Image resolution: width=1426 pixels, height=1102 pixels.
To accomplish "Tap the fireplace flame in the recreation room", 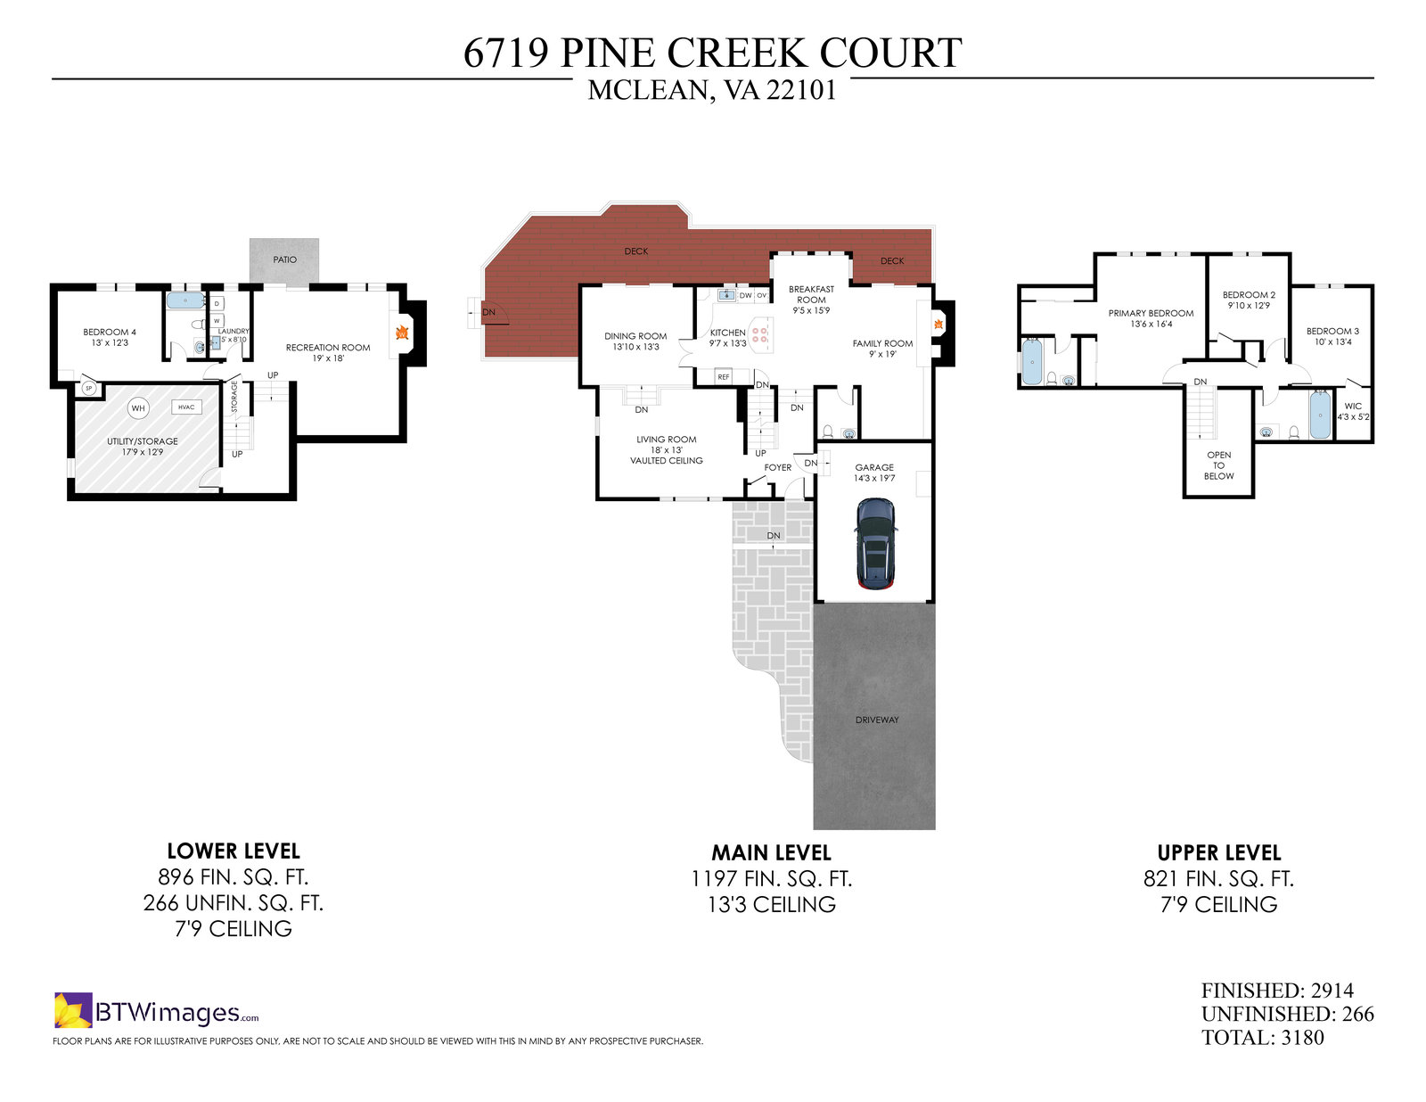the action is [x=402, y=333].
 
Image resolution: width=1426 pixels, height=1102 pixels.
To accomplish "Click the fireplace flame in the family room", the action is [x=938, y=325].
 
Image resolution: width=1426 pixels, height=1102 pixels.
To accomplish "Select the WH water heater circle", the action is [x=138, y=408].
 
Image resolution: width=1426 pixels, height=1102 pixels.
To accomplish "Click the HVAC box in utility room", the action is [x=186, y=407].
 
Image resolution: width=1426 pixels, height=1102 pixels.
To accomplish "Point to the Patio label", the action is [x=285, y=259].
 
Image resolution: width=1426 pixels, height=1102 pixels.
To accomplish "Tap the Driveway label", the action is [x=877, y=720].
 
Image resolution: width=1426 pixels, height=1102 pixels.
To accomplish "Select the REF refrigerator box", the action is [x=724, y=377].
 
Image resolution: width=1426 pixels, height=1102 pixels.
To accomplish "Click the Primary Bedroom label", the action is [x=1151, y=313].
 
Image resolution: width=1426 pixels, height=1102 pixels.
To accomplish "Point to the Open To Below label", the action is [x=1218, y=465].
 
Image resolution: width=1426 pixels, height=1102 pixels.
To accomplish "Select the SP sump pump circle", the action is [x=89, y=388].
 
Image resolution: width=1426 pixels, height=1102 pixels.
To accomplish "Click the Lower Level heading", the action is [x=234, y=851].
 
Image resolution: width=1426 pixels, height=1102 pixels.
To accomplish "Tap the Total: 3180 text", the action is [x=1262, y=1038].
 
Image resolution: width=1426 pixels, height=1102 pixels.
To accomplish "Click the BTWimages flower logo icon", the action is [x=73, y=1010].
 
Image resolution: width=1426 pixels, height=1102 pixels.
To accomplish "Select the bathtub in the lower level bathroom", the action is [x=185, y=300].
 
